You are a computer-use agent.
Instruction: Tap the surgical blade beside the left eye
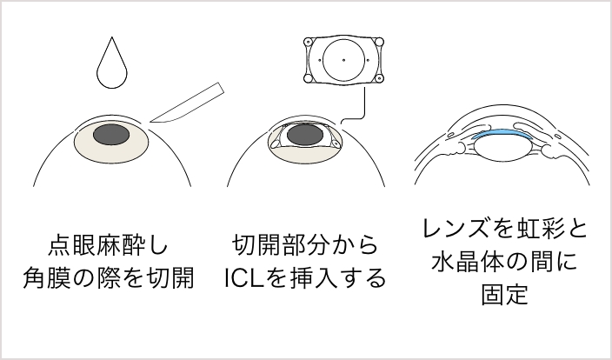[x=186, y=103]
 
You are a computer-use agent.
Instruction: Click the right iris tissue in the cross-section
[x=553, y=150]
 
